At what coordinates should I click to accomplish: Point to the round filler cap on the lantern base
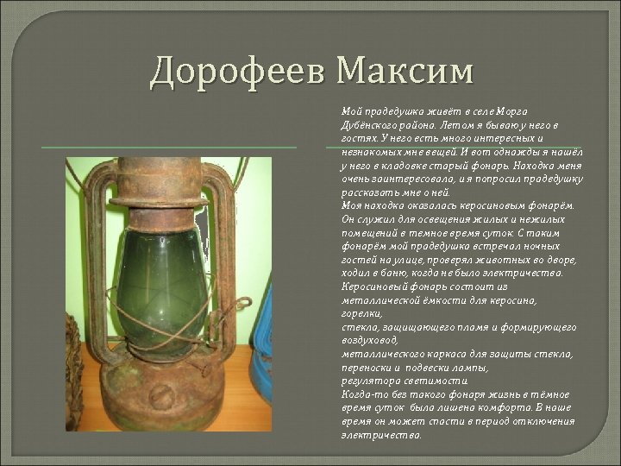coord(163,396)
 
